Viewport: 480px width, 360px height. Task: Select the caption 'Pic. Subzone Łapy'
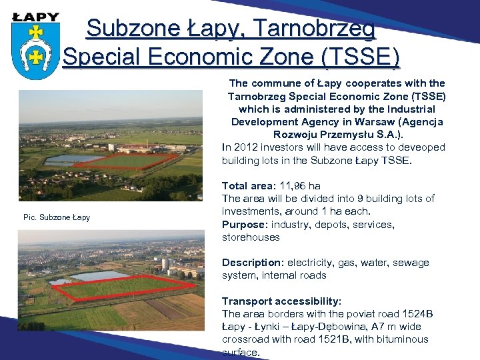coord(57,217)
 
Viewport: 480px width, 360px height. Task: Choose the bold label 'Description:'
coord(253,263)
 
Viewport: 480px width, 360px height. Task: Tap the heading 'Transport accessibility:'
coord(281,301)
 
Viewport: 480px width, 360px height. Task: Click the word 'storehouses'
coord(251,237)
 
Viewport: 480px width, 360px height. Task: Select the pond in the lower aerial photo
coord(100,275)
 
